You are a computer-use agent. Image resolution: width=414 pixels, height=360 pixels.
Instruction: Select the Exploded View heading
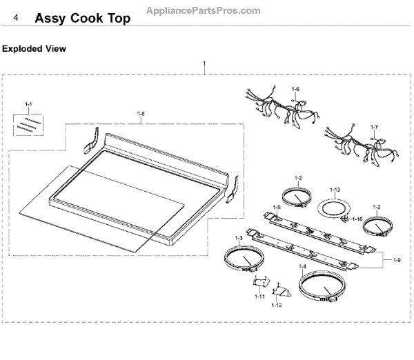(x=34, y=49)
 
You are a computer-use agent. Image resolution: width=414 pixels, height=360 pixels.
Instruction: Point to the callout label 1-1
(x=28, y=105)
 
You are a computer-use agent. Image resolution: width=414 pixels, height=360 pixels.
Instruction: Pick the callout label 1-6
(x=295, y=89)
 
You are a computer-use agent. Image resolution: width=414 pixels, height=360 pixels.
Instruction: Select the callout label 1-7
(x=374, y=128)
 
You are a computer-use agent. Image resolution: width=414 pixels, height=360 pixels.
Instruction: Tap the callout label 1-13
(x=335, y=190)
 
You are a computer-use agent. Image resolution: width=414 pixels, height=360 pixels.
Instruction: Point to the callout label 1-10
(x=259, y=297)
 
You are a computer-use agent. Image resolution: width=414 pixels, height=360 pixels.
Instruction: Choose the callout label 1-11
(x=277, y=304)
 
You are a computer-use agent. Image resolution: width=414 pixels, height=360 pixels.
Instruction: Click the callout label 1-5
(x=276, y=208)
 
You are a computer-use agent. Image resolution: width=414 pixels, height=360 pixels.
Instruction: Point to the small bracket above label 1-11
(x=260, y=281)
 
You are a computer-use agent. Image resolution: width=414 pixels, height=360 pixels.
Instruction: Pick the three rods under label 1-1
(x=29, y=126)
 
